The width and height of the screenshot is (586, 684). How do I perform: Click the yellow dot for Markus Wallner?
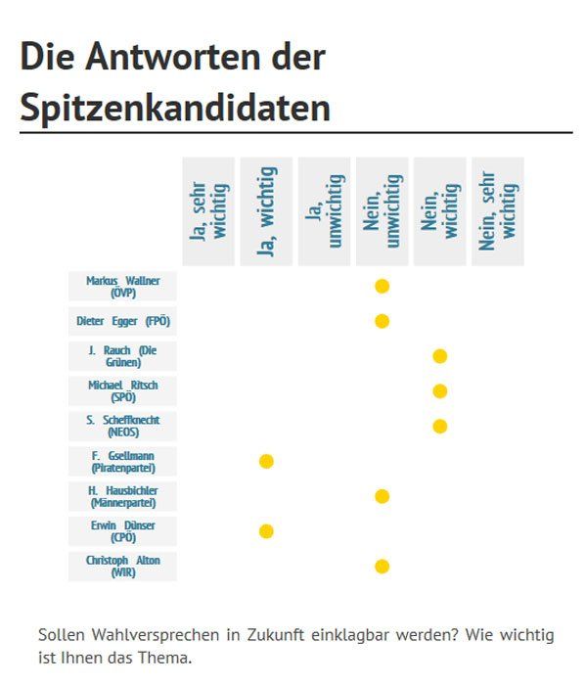click(382, 286)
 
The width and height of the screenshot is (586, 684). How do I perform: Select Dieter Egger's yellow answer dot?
click(382, 321)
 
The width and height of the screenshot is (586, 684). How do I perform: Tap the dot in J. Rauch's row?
click(440, 356)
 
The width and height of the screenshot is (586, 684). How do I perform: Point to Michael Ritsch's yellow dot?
click(440, 390)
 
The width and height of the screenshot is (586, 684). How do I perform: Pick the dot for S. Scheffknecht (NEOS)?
click(440, 426)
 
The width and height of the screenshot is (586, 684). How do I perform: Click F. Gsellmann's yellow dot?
click(266, 461)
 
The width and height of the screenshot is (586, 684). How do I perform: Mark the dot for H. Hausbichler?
click(382, 496)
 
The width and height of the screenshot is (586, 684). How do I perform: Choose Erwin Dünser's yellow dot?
click(266, 531)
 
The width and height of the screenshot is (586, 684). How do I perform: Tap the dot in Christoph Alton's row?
click(382, 567)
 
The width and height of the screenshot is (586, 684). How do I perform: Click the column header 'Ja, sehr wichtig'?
click(208, 211)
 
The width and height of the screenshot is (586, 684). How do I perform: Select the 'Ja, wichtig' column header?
click(266, 211)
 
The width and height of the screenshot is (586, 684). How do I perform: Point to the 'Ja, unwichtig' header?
click(324, 211)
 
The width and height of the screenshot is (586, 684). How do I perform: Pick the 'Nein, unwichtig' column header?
click(382, 211)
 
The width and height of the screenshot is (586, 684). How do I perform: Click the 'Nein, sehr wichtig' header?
click(498, 211)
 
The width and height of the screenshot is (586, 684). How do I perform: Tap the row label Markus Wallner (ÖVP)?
click(122, 286)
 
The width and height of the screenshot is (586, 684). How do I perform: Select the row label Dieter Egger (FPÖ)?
click(122, 321)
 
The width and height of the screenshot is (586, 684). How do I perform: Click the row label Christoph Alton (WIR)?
click(122, 567)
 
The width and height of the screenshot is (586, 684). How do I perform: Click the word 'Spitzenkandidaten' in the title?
click(175, 108)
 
